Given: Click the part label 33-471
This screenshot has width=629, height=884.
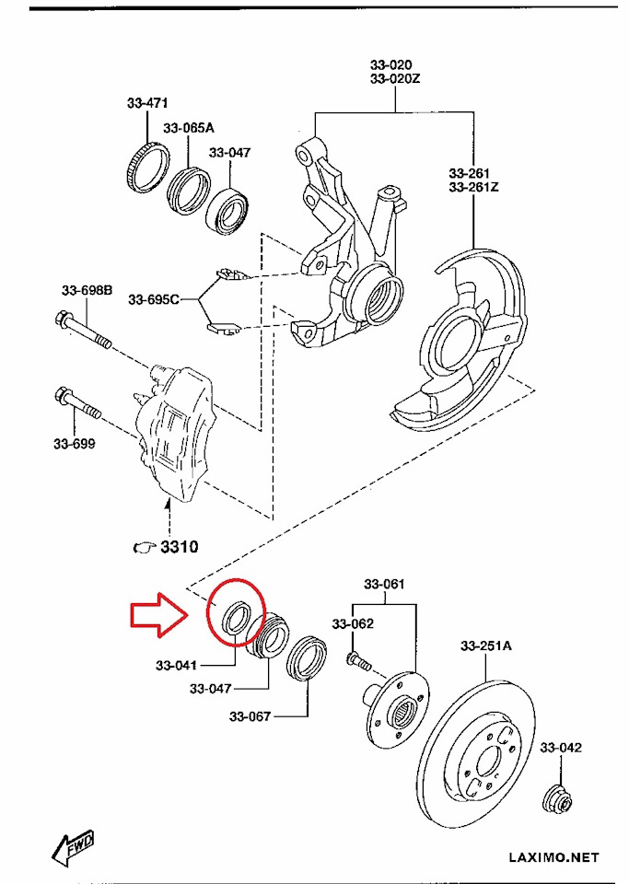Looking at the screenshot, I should (x=147, y=104).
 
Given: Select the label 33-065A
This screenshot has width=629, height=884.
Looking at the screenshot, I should (x=189, y=128).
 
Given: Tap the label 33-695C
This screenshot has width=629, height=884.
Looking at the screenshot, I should (x=153, y=299).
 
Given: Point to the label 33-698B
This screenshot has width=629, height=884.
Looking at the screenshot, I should (x=87, y=291).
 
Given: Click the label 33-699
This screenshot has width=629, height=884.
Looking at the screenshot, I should (x=75, y=443).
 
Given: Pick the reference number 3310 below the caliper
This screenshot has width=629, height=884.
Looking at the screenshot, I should (x=179, y=547).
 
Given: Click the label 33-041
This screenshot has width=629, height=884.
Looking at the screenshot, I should (x=177, y=664).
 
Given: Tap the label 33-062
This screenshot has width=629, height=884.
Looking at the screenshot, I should (x=354, y=623).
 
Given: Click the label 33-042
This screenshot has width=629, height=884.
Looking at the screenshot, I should (x=561, y=748).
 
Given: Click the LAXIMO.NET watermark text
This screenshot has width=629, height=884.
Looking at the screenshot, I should (x=553, y=857).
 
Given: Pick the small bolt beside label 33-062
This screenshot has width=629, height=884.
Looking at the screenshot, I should (x=357, y=660).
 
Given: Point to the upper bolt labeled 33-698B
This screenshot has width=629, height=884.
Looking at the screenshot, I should (x=82, y=331).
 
